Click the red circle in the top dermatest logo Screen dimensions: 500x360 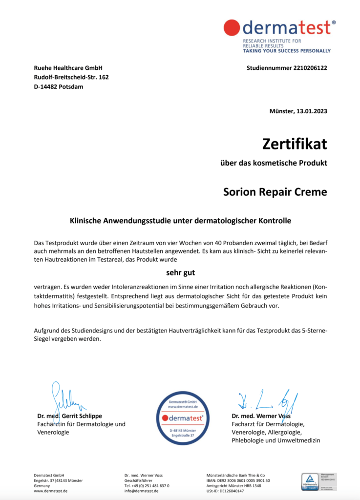pyautogui.click(x=232, y=27)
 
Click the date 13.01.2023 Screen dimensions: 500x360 pyautogui.click(x=312, y=111)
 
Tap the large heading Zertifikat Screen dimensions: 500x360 pyautogui.click(x=295, y=144)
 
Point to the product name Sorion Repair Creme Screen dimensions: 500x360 pyautogui.click(x=275, y=191)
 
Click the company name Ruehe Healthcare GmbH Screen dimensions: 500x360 pyautogui.click(x=68, y=68)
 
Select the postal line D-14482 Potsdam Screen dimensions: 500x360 pyautogui.click(x=58, y=86)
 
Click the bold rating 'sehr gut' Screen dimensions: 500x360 pyautogui.click(x=180, y=272)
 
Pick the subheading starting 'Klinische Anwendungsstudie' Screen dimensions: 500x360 pyautogui.click(x=180, y=221)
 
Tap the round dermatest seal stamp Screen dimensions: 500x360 pyautogui.click(x=179, y=418)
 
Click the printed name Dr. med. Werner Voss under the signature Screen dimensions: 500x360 pyautogui.click(x=261, y=416)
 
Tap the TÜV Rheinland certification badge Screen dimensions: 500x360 pyautogui.click(x=310, y=482)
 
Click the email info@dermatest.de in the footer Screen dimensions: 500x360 pyautogui.click(x=141, y=491)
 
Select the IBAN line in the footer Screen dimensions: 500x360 pyautogui.click(x=238, y=480)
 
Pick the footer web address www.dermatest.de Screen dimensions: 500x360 pyautogui.click(x=50, y=491)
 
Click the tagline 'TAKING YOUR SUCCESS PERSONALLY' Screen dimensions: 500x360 pyautogui.click(x=287, y=51)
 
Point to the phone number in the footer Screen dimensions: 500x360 pyautogui.click(x=147, y=486)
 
